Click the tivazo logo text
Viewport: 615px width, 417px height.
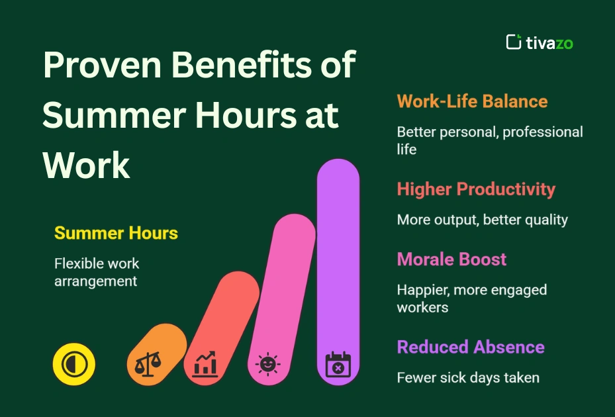pyautogui.click(x=549, y=43)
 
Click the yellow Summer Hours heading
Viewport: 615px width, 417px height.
pyautogui.click(x=116, y=233)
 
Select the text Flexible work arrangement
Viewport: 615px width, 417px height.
pyautogui.click(x=97, y=272)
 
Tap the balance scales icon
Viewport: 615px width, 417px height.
pyautogui.click(x=148, y=364)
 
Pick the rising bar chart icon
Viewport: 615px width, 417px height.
pyautogui.click(x=205, y=364)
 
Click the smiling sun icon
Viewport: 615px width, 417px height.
pyautogui.click(x=268, y=364)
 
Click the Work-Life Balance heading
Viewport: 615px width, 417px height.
pyautogui.click(x=472, y=101)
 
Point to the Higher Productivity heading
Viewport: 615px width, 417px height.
pyautogui.click(x=476, y=189)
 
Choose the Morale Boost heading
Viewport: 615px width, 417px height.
pyautogui.click(x=451, y=259)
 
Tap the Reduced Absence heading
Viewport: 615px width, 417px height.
pyautogui.click(x=471, y=347)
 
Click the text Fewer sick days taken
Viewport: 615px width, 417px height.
pyautogui.click(x=468, y=378)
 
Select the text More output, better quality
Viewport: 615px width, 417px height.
pyautogui.click(x=482, y=220)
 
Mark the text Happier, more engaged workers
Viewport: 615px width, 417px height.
pyautogui.click(x=471, y=299)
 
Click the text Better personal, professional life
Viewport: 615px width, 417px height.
pyautogui.click(x=489, y=140)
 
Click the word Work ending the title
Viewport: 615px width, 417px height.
pyautogui.click(x=86, y=165)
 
